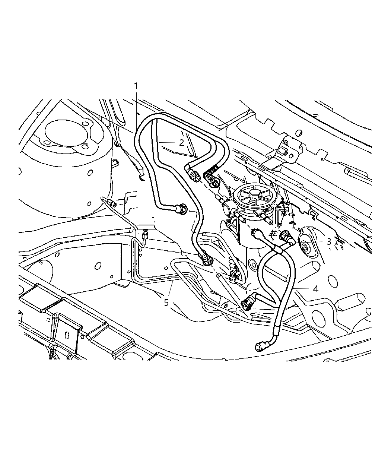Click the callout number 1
tap(136, 86)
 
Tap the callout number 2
tap(181, 142)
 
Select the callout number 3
tap(329, 241)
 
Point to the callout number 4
tap(315, 289)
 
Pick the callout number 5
tap(166, 303)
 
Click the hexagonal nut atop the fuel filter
tap(256, 196)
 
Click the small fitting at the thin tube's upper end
tap(110, 203)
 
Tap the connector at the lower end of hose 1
tap(206, 259)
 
